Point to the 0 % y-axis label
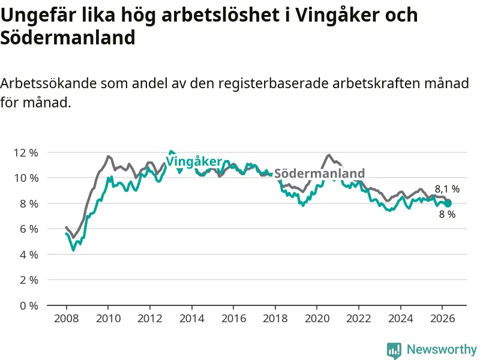[x=29, y=305]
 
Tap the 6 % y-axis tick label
[x=29, y=229]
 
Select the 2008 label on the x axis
[x=67, y=319]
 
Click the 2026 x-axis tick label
[x=442, y=319]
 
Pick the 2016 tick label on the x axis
[x=233, y=319]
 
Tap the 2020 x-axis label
[x=317, y=319]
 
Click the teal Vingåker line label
[x=193, y=161]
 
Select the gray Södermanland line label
[x=319, y=173]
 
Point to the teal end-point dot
[x=448, y=203]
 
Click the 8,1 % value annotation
[x=447, y=189]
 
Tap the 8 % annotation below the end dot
[x=447, y=214]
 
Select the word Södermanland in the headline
[x=68, y=38]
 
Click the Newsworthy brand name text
[x=442, y=349]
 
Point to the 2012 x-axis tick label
[x=149, y=319]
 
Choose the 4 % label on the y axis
[x=29, y=254]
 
